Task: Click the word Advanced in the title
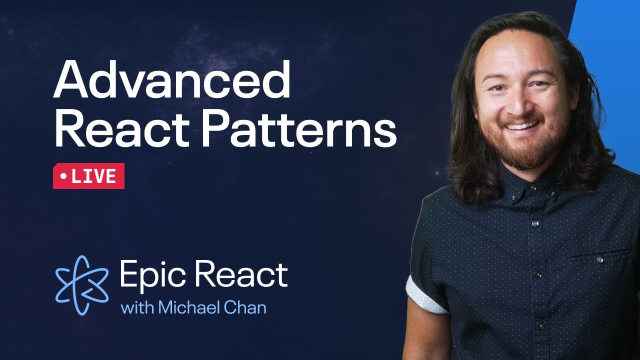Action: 171,80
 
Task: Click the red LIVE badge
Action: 88,176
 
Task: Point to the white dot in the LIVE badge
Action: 63,176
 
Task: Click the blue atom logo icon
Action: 81,285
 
